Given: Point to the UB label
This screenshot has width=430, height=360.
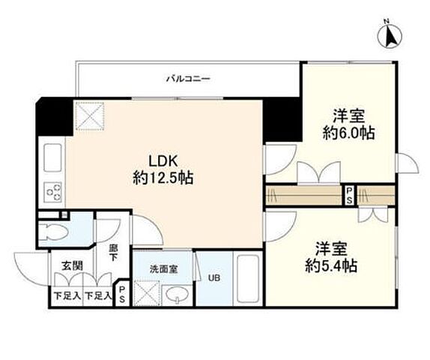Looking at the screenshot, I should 214,277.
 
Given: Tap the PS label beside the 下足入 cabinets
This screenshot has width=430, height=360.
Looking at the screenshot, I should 121,293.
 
